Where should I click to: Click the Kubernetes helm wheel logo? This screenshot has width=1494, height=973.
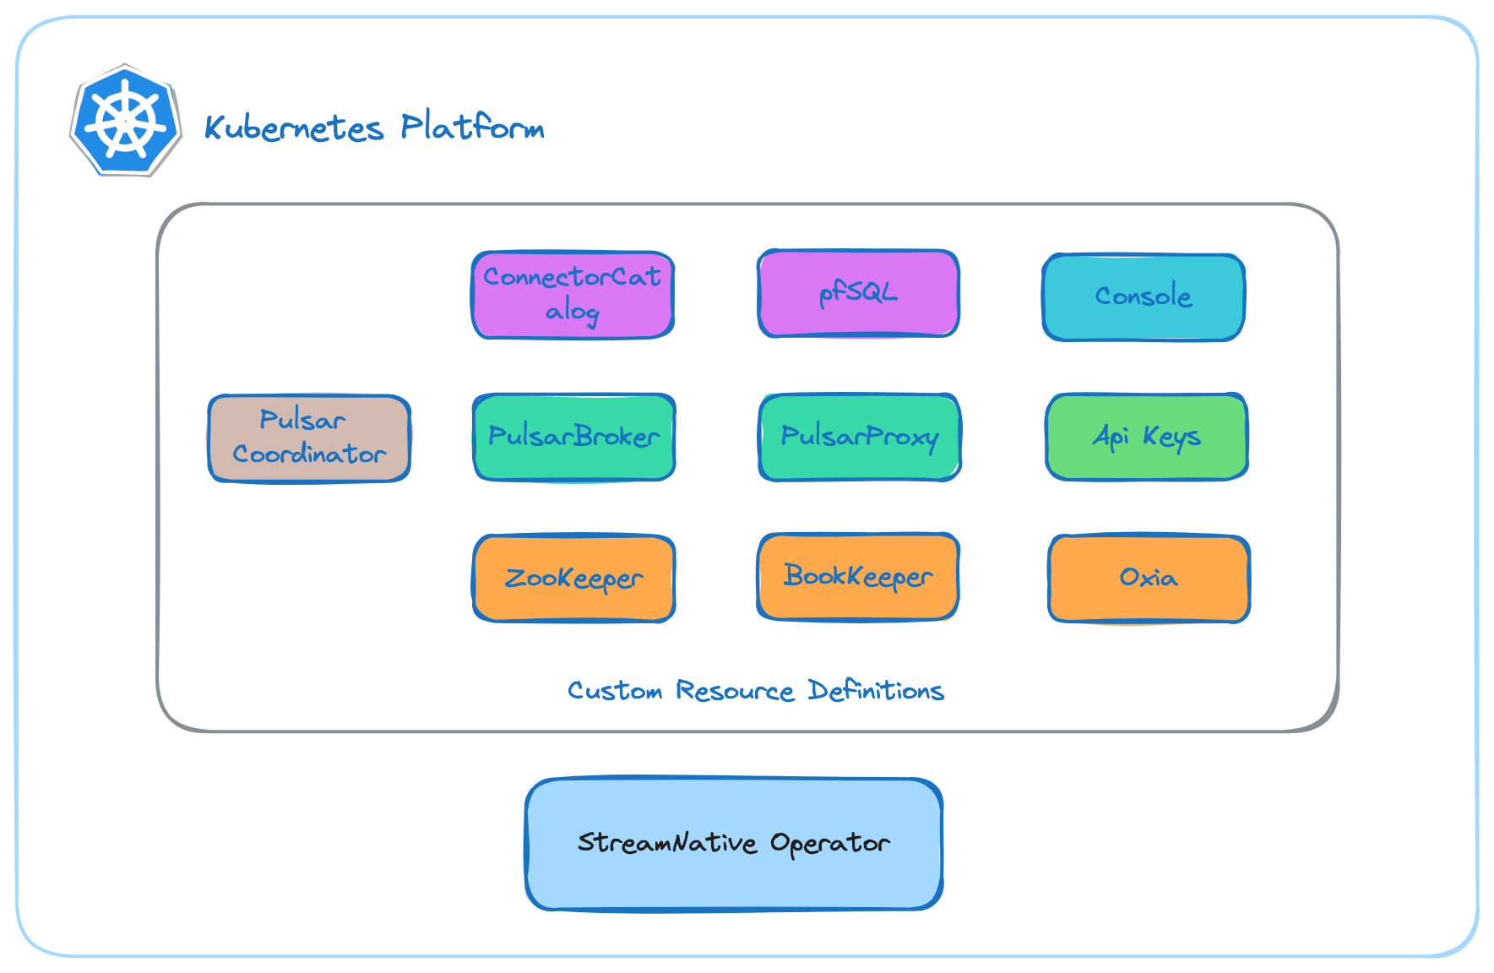pos(126,120)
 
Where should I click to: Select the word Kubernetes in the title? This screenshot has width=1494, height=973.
pos(294,128)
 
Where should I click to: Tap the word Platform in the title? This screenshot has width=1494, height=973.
pos(472,127)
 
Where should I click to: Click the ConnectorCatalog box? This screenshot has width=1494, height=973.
pos(573,295)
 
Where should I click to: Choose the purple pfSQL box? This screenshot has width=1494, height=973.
pos(858,293)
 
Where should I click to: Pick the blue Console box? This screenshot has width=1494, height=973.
pos(1144,296)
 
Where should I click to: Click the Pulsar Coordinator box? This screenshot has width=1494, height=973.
pos(309,438)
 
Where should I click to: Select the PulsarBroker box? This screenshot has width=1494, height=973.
pos(573,437)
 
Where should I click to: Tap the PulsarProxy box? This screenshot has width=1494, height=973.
pos(860,437)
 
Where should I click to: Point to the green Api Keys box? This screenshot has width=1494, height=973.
pos(1146,437)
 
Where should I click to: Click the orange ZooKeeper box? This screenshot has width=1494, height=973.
pos(573,579)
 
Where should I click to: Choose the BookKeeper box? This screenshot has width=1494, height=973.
pos(858,577)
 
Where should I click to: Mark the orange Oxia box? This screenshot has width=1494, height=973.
pos(1149,579)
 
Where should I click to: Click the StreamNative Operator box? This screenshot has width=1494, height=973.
pos(734,844)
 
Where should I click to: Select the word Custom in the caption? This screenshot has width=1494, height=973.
pos(615,691)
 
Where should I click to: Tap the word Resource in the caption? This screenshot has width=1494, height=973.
pos(735,691)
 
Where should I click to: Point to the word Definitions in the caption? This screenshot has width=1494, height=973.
pos(876,690)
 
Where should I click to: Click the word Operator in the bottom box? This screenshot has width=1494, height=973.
pos(829,844)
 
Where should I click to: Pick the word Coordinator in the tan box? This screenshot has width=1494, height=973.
pos(309,454)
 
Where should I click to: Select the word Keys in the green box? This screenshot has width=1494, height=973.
pos(1171,437)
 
